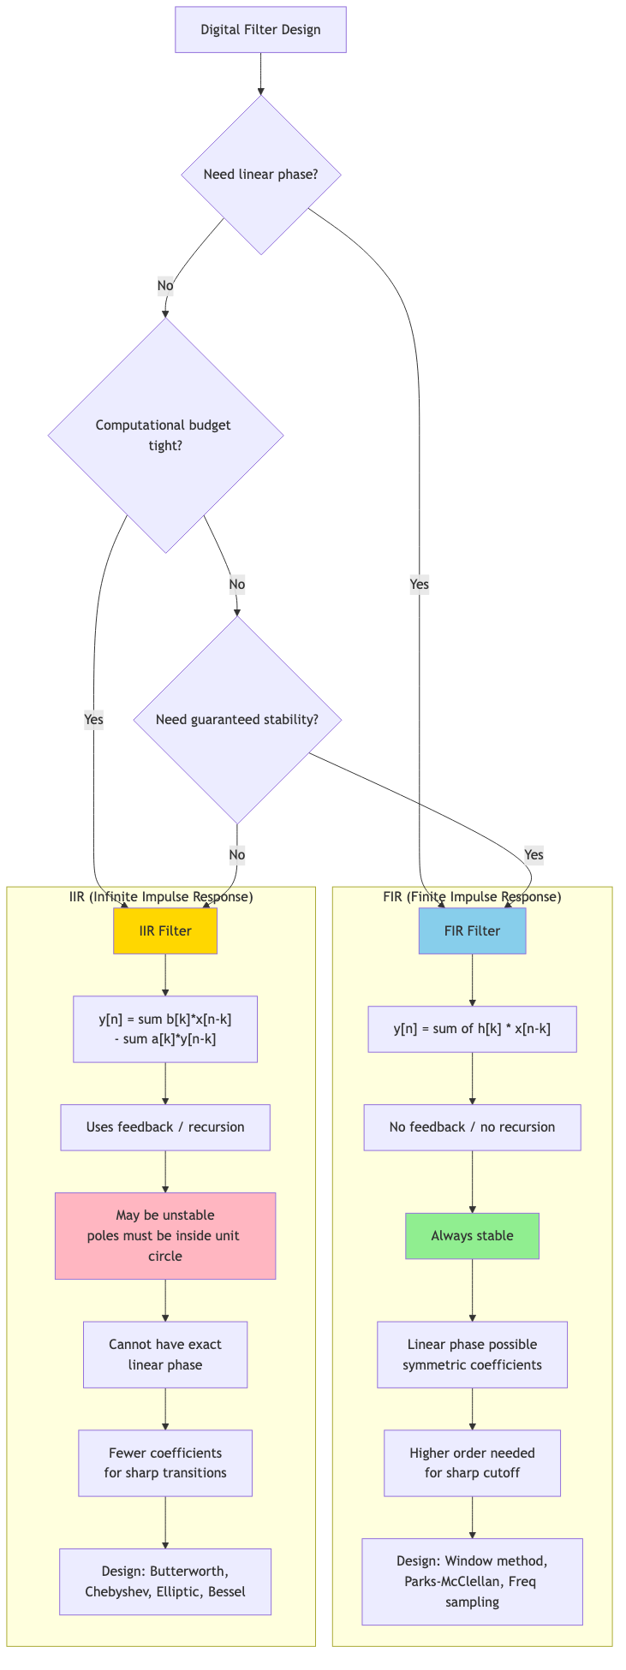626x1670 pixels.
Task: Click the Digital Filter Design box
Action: (x=260, y=30)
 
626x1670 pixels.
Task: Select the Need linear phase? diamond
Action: (x=261, y=175)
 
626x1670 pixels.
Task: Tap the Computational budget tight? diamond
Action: (x=165, y=435)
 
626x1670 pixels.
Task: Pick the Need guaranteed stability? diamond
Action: (x=237, y=720)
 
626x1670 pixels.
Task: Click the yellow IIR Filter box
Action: (x=165, y=930)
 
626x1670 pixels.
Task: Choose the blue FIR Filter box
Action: (x=472, y=930)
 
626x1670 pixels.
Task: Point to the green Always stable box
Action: (x=472, y=1235)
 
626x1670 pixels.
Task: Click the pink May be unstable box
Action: (x=165, y=1235)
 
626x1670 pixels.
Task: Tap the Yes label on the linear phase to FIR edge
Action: (x=419, y=585)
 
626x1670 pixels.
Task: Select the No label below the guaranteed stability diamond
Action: (x=237, y=854)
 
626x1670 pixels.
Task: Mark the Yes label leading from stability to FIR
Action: (x=534, y=854)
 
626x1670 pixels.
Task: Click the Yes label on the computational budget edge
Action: (x=94, y=719)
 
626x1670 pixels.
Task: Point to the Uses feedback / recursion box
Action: (x=165, y=1126)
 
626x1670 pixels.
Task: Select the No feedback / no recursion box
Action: (x=472, y=1126)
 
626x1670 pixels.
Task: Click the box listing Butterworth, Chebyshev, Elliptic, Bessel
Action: (x=165, y=1581)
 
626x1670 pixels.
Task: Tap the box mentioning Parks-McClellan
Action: (x=472, y=1581)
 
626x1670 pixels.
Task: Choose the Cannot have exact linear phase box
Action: (x=165, y=1354)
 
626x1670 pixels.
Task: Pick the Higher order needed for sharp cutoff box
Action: (x=472, y=1462)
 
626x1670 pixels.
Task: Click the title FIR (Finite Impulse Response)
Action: (x=472, y=896)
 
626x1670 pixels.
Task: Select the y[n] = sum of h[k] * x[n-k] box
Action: (x=472, y=1028)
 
